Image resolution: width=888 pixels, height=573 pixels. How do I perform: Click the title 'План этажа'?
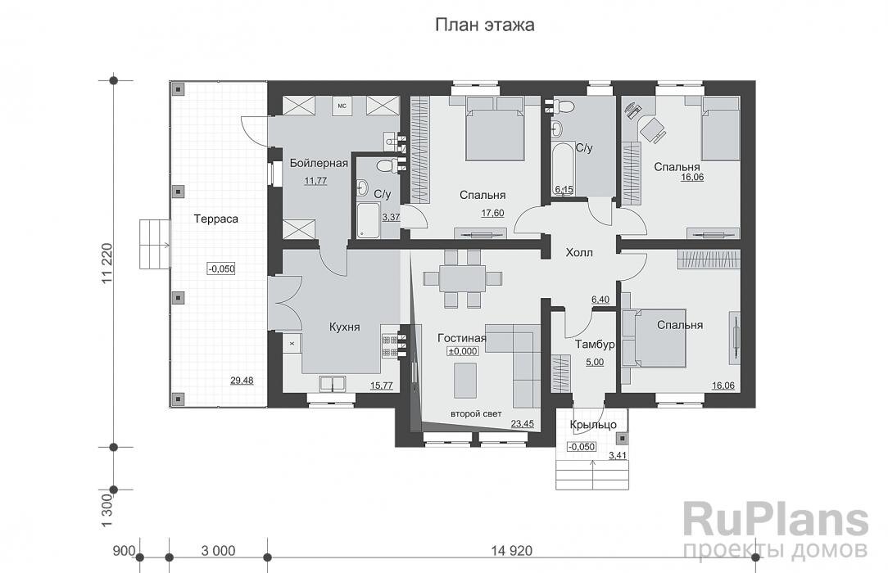pyautogui.click(x=484, y=25)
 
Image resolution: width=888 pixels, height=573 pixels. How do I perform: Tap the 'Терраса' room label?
pyautogui.click(x=215, y=219)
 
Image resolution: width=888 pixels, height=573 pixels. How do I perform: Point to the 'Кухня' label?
pyautogui.click(x=345, y=327)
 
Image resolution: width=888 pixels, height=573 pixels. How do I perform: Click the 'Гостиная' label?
pyautogui.click(x=462, y=337)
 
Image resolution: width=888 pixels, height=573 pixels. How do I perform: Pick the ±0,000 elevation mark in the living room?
pyautogui.click(x=462, y=351)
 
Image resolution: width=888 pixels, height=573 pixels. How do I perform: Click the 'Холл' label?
pyautogui.click(x=578, y=253)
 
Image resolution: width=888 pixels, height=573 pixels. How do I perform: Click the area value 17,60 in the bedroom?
pyautogui.click(x=492, y=213)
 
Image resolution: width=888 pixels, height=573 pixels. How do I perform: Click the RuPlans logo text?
pyautogui.click(x=774, y=520)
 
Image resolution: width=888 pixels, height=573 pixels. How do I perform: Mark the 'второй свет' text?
pyautogui.click(x=475, y=414)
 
